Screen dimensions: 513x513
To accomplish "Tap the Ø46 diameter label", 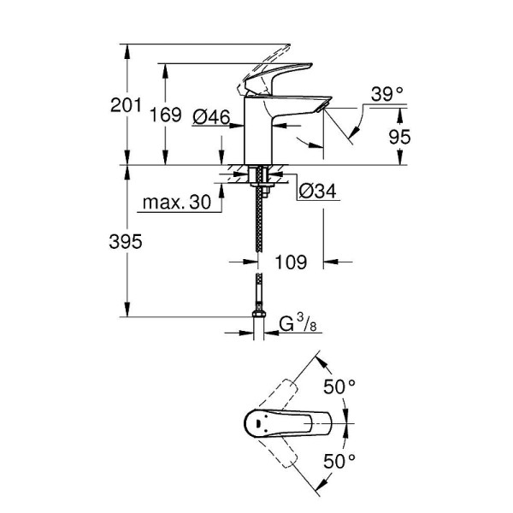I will pyautogui.click(x=211, y=117).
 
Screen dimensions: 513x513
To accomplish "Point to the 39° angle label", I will pyautogui.click(x=387, y=94).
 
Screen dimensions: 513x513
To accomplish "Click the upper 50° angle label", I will pyautogui.click(x=339, y=387).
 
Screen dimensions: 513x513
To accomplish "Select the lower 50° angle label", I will pyautogui.click(x=339, y=462).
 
